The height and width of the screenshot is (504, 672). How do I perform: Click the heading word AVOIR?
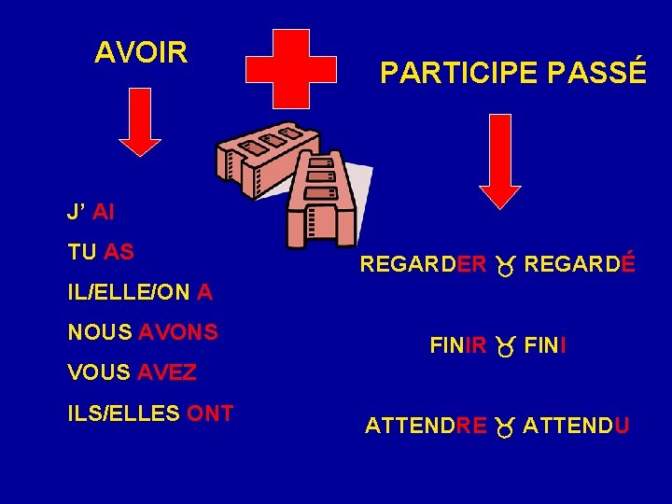tap(141, 51)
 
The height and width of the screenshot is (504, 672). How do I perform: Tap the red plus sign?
tap(290, 68)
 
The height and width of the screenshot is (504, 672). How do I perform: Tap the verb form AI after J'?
tap(104, 212)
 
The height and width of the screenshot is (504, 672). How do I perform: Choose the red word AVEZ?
tap(166, 372)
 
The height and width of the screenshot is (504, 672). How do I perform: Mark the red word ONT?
tap(210, 413)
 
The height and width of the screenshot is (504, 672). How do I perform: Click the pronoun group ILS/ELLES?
tap(123, 413)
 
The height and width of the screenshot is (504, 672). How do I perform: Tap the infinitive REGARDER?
tap(423, 264)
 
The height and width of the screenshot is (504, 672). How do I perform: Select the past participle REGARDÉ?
tap(580, 264)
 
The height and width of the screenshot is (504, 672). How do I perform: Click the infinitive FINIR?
tap(458, 346)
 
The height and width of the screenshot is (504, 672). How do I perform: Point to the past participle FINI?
tap(545, 346)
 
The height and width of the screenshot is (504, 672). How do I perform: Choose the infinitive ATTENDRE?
tap(426, 426)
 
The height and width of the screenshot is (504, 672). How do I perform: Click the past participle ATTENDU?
tap(576, 426)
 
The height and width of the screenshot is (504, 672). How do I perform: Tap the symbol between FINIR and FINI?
tap(505, 347)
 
